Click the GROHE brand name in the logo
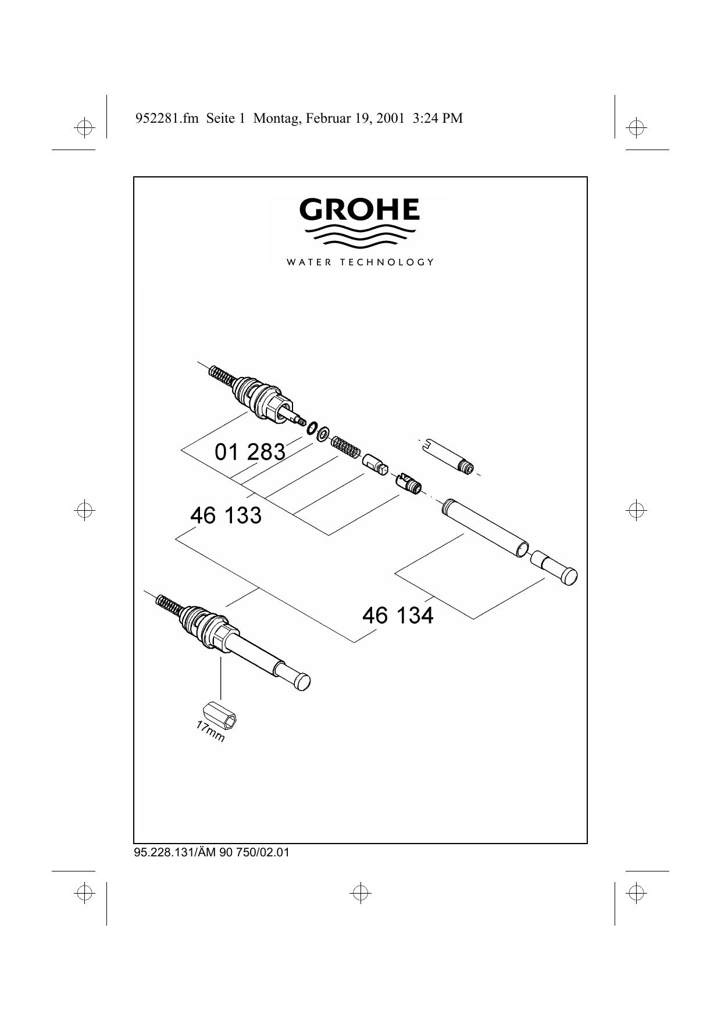(x=359, y=209)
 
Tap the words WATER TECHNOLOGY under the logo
(x=360, y=262)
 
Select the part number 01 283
(x=250, y=451)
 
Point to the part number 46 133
(x=226, y=515)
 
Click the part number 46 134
(x=398, y=615)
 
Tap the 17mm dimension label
(x=210, y=731)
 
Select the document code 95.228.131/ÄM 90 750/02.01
(x=212, y=853)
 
